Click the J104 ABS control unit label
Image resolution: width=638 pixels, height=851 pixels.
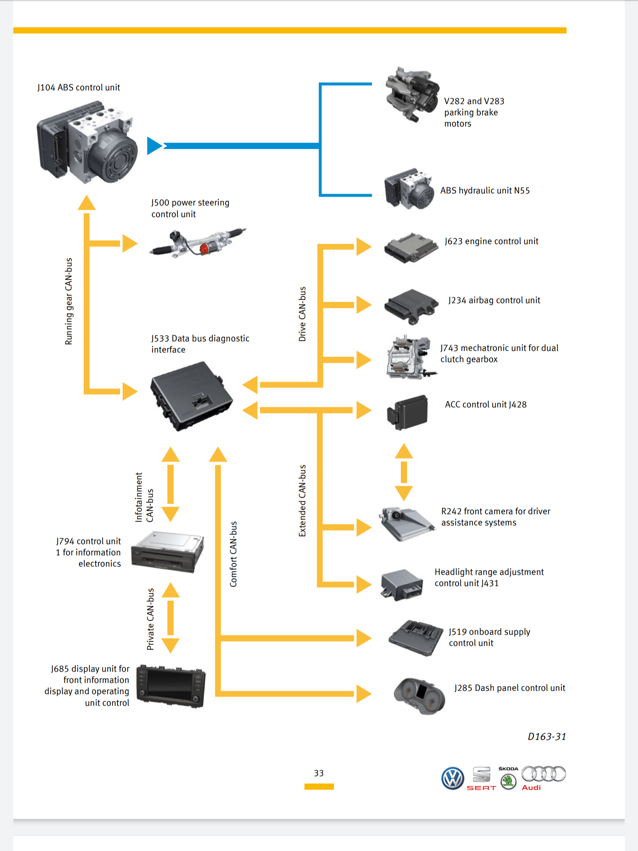click(79, 88)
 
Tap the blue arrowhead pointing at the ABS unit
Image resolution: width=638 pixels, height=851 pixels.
click(155, 145)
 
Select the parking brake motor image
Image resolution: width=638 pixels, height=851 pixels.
click(412, 95)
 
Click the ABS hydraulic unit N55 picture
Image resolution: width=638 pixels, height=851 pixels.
click(409, 189)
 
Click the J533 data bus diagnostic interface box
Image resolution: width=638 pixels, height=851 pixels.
click(191, 396)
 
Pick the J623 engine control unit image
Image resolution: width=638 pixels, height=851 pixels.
click(410, 248)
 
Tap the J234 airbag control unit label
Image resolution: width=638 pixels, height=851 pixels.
click(494, 300)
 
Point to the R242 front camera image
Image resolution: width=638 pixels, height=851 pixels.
click(406, 523)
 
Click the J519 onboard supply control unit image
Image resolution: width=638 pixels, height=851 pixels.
click(416, 638)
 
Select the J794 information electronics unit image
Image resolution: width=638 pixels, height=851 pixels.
click(168, 551)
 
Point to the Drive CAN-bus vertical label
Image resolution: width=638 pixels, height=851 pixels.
click(302, 314)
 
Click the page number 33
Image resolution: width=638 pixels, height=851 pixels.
click(319, 773)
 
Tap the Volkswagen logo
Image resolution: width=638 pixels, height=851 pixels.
click(453, 778)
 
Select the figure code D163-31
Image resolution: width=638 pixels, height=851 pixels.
click(547, 737)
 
